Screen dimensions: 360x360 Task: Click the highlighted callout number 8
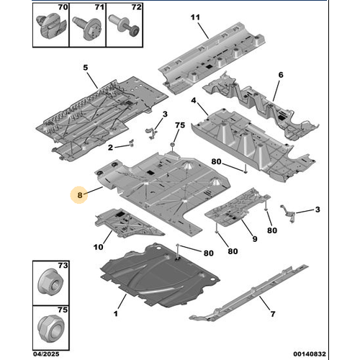tap(80, 195)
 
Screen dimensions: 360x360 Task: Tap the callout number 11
tap(195, 17)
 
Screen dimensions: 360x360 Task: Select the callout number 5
tap(86, 68)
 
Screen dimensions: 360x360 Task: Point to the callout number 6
tap(281, 75)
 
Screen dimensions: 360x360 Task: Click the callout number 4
tap(194, 101)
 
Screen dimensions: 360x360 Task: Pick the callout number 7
tap(273, 314)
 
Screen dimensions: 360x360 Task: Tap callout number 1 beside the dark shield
tap(116, 314)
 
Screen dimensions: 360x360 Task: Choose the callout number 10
tap(98, 247)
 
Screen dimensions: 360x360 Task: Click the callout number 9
tap(255, 239)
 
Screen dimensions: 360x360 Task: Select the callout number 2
tap(110, 148)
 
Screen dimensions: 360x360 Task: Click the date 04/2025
tap(46, 354)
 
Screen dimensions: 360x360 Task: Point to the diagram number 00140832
tap(310, 354)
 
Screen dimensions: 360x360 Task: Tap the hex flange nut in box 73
tap(50, 282)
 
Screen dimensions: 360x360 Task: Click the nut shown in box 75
tap(51, 328)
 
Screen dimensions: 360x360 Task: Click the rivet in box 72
tap(124, 25)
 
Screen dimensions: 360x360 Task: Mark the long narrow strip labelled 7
tap(250, 293)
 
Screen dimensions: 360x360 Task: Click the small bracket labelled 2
tap(131, 143)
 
